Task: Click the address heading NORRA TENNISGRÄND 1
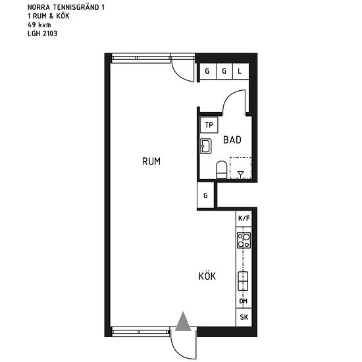[x=66, y=7]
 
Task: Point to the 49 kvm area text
[x=39, y=24]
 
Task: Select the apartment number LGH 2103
[x=42, y=33]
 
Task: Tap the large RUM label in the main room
[x=151, y=161]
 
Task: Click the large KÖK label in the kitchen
[x=207, y=276]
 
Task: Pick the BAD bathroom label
[x=232, y=140]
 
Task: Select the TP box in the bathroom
[x=209, y=125]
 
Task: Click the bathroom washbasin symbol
[x=205, y=145]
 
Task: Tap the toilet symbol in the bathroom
[x=222, y=169]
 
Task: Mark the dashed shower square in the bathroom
[x=241, y=168]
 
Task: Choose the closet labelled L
[x=240, y=71]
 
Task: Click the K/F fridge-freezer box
[x=244, y=218]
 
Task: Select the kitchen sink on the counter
[x=244, y=281]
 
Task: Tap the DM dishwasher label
[x=244, y=302]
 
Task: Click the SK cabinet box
[x=244, y=317]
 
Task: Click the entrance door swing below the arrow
[x=182, y=342]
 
